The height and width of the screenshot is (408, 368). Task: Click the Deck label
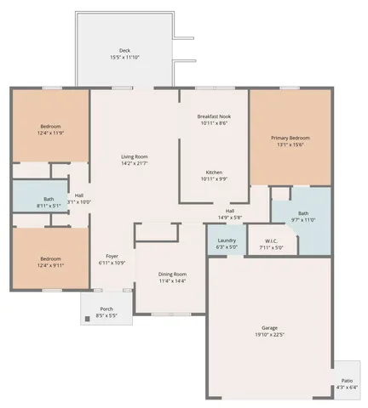pyautogui.click(x=125, y=50)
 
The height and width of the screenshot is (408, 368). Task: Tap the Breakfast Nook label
pyautogui.click(x=213, y=116)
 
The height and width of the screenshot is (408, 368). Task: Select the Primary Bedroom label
pyautogui.click(x=290, y=138)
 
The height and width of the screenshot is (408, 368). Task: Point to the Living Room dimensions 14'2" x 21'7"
pyautogui.click(x=135, y=163)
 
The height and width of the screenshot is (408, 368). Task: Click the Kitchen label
pyautogui.click(x=213, y=172)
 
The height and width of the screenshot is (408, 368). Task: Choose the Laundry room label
pyautogui.click(x=227, y=241)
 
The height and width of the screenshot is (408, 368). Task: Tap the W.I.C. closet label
pyautogui.click(x=272, y=241)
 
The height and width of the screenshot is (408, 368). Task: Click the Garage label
pyautogui.click(x=269, y=327)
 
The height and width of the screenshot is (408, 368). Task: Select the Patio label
pyautogui.click(x=348, y=381)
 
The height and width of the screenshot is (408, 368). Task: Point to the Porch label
pyautogui.click(x=106, y=309)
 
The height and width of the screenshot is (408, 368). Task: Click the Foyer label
pyautogui.click(x=112, y=256)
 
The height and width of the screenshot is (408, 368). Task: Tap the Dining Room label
pyautogui.click(x=173, y=274)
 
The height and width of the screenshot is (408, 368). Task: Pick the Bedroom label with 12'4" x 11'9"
pyautogui.click(x=49, y=126)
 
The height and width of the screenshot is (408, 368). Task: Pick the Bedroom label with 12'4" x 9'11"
pyautogui.click(x=49, y=258)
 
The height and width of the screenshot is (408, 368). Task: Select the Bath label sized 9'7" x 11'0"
pyautogui.click(x=303, y=213)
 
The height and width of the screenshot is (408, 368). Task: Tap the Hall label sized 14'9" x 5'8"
pyautogui.click(x=230, y=211)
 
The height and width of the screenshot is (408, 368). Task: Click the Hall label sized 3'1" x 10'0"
pyautogui.click(x=79, y=195)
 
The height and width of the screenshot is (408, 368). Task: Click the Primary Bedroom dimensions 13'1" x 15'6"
pyautogui.click(x=290, y=144)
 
